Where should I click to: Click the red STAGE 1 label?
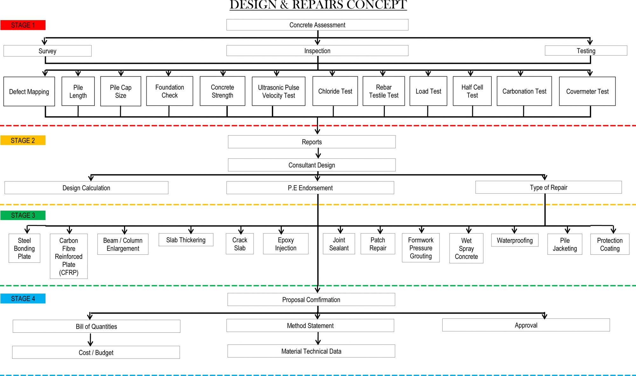pyautogui.click(x=23, y=25)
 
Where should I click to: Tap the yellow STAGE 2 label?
pyautogui.click(x=23, y=140)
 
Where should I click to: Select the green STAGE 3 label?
pyautogui.click(x=23, y=215)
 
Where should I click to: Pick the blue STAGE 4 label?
pyautogui.click(x=23, y=298)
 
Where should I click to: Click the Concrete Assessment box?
pyautogui.click(x=317, y=25)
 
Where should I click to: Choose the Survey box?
pyautogui.click(x=47, y=51)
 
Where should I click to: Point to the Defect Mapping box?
pyautogui.click(x=29, y=91)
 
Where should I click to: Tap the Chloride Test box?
pyautogui.click(x=335, y=91)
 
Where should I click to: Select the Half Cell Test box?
pyautogui.click(x=472, y=91)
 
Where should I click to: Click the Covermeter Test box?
pyautogui.click(x=587, y=91)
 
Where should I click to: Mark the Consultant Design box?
pyautogui.click(x=312, y=165)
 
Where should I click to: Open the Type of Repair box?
pyautogui.click(x=549, y=187)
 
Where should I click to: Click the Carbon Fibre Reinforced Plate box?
pyautogui.click(x=69, y=256)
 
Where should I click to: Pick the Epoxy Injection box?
pyautogui.click(x=286, y=244)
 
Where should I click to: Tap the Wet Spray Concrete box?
pyautogui.click(x=466, y=248)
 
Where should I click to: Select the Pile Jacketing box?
pyautogui.click(x=565, y=244)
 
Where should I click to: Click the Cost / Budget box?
pyautogui.click(x=96, y=352)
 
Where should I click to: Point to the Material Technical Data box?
pyautogui.click(x=311, y=351)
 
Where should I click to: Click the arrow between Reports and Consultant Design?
pyautogui.click(x=318, y=153)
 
